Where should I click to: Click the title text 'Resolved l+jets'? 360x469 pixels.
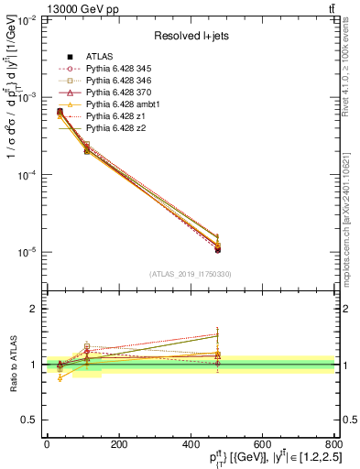tap(189, 37)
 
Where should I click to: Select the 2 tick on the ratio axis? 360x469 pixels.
tap(37, 309)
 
